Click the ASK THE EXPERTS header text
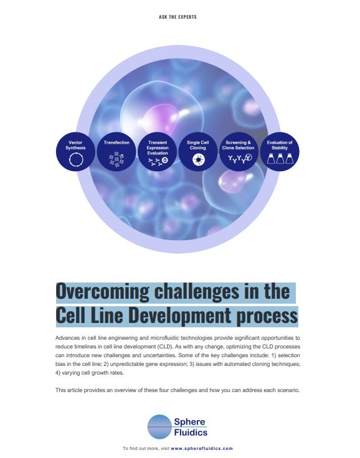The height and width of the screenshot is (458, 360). point(178,17)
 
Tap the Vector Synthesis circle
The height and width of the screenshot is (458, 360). point(75,152)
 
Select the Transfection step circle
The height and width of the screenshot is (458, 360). point(116,152)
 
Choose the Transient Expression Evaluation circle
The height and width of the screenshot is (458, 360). point(158,152)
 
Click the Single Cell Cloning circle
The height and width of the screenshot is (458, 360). point(198,152)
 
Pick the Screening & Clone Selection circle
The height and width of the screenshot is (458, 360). point(239,152)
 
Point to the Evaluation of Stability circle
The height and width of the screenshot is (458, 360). point(280,152)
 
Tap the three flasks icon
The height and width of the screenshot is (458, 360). point(280,159)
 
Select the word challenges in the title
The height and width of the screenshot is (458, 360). point(197,292)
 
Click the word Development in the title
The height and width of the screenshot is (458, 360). point(179,315)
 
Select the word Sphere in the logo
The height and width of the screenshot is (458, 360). point(189,422)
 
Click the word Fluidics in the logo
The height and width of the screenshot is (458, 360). point(191,432)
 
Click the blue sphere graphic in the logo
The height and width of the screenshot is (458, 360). point(159,427)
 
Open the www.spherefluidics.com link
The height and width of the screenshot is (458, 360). point(202,449)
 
